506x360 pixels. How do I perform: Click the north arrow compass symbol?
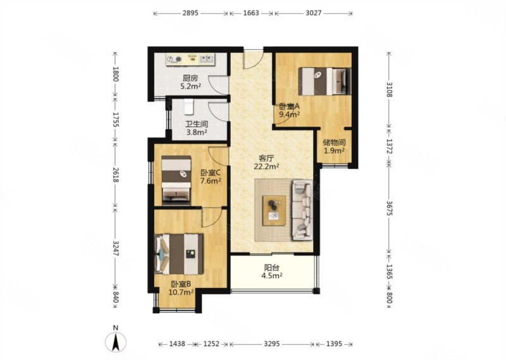pyautogui.click(x=116, y=342)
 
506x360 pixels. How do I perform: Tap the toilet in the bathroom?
pyautogui.click(x=188, y=107)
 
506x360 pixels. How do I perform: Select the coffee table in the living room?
pyautogui.click(x=274, y=210)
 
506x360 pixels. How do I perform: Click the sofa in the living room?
pyautogui.click(x=302, y=210)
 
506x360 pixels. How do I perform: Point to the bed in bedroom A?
pyautogui.click(x=324, y=82)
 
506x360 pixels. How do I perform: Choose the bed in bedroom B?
pyautogui.click(x=179, y=254)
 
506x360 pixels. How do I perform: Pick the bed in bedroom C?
pyautogui.click(x=176, y=180)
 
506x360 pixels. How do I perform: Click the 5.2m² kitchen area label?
pyautogui.click(x=191, y=86)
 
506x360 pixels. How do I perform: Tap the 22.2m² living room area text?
pyautogui.click(x=266, y=166)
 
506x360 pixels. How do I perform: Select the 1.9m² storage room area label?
pyautogui.click(x=335, y=151)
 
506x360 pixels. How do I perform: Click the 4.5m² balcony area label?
pyautogui.click(x=272, y=275)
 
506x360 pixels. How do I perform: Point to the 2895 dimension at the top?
pyautogui.click(x=190, y=13)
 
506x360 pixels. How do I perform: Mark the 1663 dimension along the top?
pyautogui.click(x=251, y=13)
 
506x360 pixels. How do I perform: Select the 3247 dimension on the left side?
pyautogui.click(x=116, y=248)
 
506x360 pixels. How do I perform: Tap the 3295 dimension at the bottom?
pyautogui.click(x=272, y=344)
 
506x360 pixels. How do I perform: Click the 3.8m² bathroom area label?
pyautogui.click(x=197, y=132)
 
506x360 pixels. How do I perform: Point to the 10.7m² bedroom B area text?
pyautogui.click(x=181, y=292)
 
